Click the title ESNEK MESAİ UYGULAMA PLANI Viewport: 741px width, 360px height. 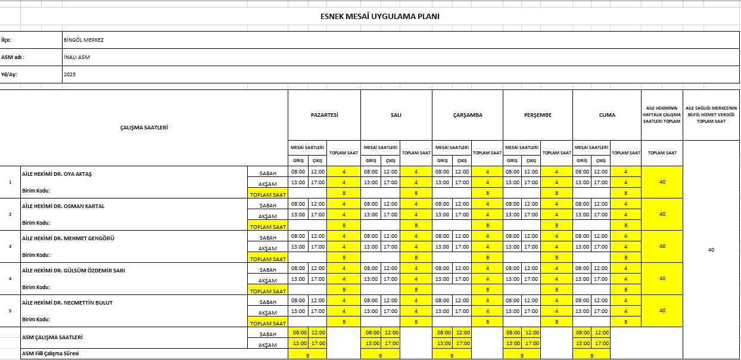380,16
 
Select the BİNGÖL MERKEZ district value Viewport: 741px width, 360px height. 83,40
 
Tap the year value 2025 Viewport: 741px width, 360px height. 70,75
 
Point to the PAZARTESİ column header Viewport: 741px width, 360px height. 324,115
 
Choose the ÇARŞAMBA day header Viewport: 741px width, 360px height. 468,115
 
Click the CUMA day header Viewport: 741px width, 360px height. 607,115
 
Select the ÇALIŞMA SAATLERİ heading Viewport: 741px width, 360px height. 144,127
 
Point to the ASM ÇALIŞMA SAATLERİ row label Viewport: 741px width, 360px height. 52,337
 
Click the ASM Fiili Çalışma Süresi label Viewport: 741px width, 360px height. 50,353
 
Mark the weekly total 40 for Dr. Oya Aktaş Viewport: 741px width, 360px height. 662,182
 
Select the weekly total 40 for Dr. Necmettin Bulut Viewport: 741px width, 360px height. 662,311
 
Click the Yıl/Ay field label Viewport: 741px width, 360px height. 8,75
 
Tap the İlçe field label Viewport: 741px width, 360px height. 7,40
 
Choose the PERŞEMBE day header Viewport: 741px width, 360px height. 537,115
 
